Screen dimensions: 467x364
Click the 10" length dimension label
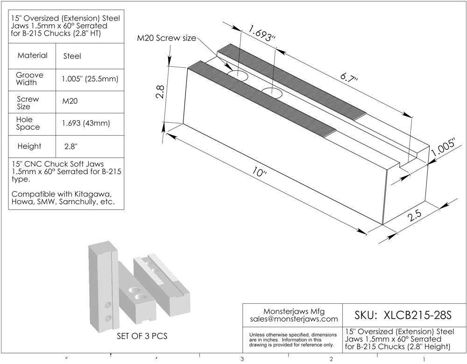pyautogui.click(x=260, y=172)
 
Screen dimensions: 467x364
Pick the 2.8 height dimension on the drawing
pyautogui.click(x=160, y=92)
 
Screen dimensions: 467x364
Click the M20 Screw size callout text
pyautogui.click(x=167, y=38)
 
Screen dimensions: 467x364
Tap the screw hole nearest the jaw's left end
pyautogui.click(x=237, y=76)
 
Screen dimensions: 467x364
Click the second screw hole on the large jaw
pyautogui.click(x=272, y=93)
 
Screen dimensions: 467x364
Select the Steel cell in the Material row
pyautogui.click(x=72, y=56)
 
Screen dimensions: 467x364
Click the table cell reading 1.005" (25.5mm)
pyautogui.click(x=90, y=79)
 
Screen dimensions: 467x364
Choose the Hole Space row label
pyautogui.click(x=28, y=123)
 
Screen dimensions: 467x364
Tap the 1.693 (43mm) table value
pyautogui.click(x=86, y=123)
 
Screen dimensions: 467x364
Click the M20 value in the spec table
pyautogui.click(x=70, y=101)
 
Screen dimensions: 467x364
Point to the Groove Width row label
pyautogui.click(x=29, y=79)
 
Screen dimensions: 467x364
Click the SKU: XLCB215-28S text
pyautogui.click(x=403, y=315)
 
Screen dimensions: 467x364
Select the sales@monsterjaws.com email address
pyautogui.click(x=294, y=319)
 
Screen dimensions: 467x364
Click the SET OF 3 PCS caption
pyautogui.click(x=142, y=336)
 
